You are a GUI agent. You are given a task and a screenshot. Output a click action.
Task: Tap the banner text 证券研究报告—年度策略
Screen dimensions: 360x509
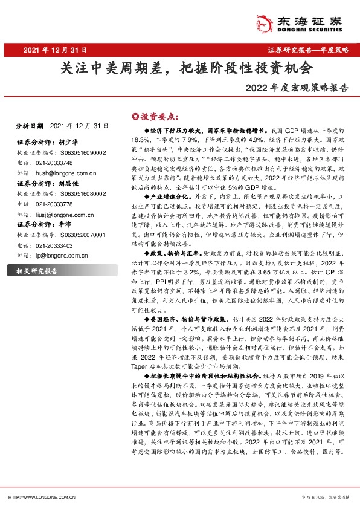point(307,51)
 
